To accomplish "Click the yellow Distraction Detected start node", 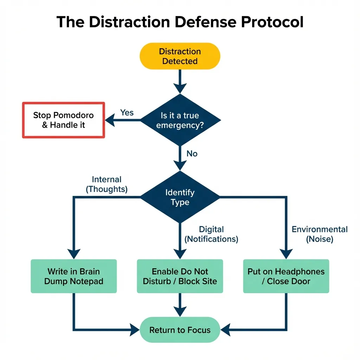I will click(x=180, y=56).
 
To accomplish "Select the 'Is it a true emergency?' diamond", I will click(x=180, y=120).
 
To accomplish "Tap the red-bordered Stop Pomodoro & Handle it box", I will click(x=64, y=120).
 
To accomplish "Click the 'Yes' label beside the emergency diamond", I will click(x=127, y=112).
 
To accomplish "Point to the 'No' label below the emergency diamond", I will click(x=192, y=154).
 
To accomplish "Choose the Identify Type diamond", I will click(x=180, y=197).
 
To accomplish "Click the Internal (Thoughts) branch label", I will click(x=107, y=185).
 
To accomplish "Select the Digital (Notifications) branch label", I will click(x=211, y=234).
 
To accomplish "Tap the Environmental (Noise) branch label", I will click(x=320, y=234).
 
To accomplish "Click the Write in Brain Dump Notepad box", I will click(x=74, y=276).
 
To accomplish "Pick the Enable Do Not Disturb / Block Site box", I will click(x=180, y=276).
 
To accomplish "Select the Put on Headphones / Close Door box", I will click(x=286, y=276).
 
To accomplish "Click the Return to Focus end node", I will click(x=180, y=330).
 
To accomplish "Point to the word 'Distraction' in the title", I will click(x=126, y=22).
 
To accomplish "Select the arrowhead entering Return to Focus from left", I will click(x=134, y=330).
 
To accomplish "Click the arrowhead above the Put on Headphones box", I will click(x=285, y=253).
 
